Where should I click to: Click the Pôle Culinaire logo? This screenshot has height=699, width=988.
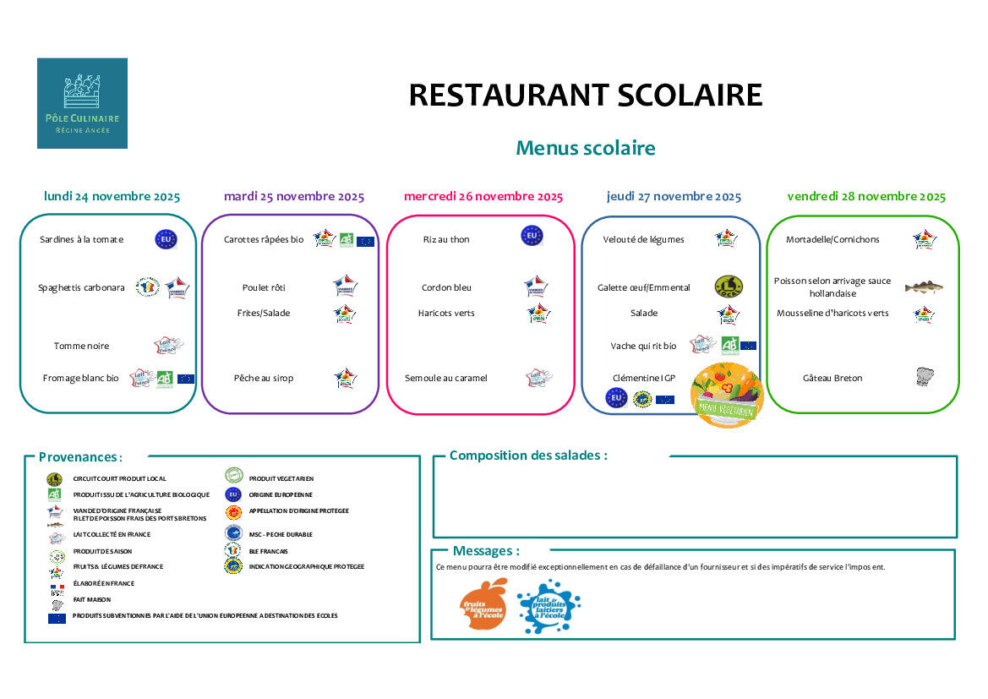point(82,103)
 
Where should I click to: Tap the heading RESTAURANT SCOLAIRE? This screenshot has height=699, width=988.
point(585,95)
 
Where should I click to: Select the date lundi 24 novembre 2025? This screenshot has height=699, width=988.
point(112,197)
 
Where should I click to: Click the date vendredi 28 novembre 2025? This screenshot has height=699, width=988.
point(865,197)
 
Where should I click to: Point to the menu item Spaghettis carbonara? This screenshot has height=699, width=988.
point(81,287)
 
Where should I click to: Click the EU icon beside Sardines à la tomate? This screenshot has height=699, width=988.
point(166,239)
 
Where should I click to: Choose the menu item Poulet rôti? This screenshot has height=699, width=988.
point(264,287)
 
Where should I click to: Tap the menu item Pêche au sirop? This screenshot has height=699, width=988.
point(264,378)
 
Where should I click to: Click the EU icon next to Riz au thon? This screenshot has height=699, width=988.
point(532,236)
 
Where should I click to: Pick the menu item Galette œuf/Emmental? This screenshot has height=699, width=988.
point(643,287)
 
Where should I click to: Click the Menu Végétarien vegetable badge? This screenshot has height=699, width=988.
point(726,395)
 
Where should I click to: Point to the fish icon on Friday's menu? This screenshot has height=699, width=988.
point(923,287)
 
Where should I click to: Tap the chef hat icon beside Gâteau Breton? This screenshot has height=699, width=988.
point(924,377)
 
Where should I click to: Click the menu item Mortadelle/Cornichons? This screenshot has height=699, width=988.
point(832,239)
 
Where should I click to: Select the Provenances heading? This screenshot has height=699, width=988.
point(80,457)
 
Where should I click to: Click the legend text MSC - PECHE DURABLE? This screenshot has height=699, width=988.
point(281,534)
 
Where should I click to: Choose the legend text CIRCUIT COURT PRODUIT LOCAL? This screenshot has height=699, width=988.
point(119,478)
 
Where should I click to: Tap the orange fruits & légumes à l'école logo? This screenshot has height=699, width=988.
point(483,604)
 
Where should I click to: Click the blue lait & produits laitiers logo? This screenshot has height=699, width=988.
point(549,606)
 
